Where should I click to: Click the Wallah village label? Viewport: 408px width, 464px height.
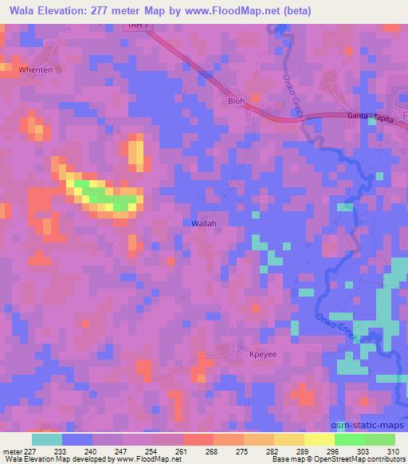[x=204, y=224]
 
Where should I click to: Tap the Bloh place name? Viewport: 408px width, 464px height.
[x=237, y=101]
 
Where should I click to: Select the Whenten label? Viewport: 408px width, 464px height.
[x=34, y=70]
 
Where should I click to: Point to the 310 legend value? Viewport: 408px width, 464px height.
[x=394, y=450]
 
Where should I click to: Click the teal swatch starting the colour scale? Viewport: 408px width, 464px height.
[x=47, y=439]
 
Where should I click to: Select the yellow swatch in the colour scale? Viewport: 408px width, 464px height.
[x=320, y=439]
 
